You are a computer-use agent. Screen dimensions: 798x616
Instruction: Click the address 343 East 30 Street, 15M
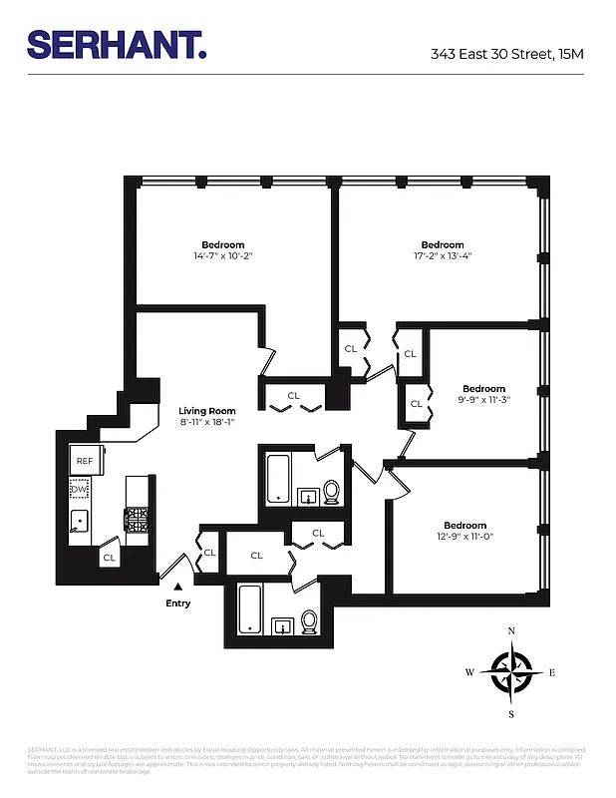pyautogui.click(x=506, y=53)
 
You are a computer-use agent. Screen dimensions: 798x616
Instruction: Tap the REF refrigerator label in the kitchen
pyautogui.click(x=85, y=461)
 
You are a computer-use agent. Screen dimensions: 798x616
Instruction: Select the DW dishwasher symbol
pyautogui.click(x=79, y=490)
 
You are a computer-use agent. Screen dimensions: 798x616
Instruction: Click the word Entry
pyautogui.click(x=178, y=603)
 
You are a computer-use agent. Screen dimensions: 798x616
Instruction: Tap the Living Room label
pyautogui.click(x=206, y=411)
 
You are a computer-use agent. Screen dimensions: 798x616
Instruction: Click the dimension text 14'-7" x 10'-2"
pyautogui.click(x=222, y=256)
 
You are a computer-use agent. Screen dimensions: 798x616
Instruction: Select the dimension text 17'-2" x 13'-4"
pyautogui.click(x=443, y=256)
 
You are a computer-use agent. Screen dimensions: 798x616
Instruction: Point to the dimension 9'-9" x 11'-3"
pyautogui.click(x=484, y=400)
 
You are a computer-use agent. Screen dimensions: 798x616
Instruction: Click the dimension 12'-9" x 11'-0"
pyautogui.click(x=465, y=538)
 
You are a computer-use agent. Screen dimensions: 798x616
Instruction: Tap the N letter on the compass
pyautogui.click(x=511, y=630)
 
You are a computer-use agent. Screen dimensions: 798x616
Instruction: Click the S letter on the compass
pyautogui.click(x=511, y=714)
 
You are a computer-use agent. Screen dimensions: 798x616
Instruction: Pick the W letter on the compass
pyautogui.click(x=469, y=672)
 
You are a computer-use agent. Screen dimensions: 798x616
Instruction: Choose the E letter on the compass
pyautogui.click(x=552, y=672)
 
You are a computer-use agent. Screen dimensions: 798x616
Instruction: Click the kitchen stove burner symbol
pyautogui.click(x=135, y=519)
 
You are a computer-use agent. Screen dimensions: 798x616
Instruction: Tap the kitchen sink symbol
pyautogui.click(x=80, y=522)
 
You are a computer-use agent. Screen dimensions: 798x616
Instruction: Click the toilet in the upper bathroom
pyautogui.click(x=332, y=491)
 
